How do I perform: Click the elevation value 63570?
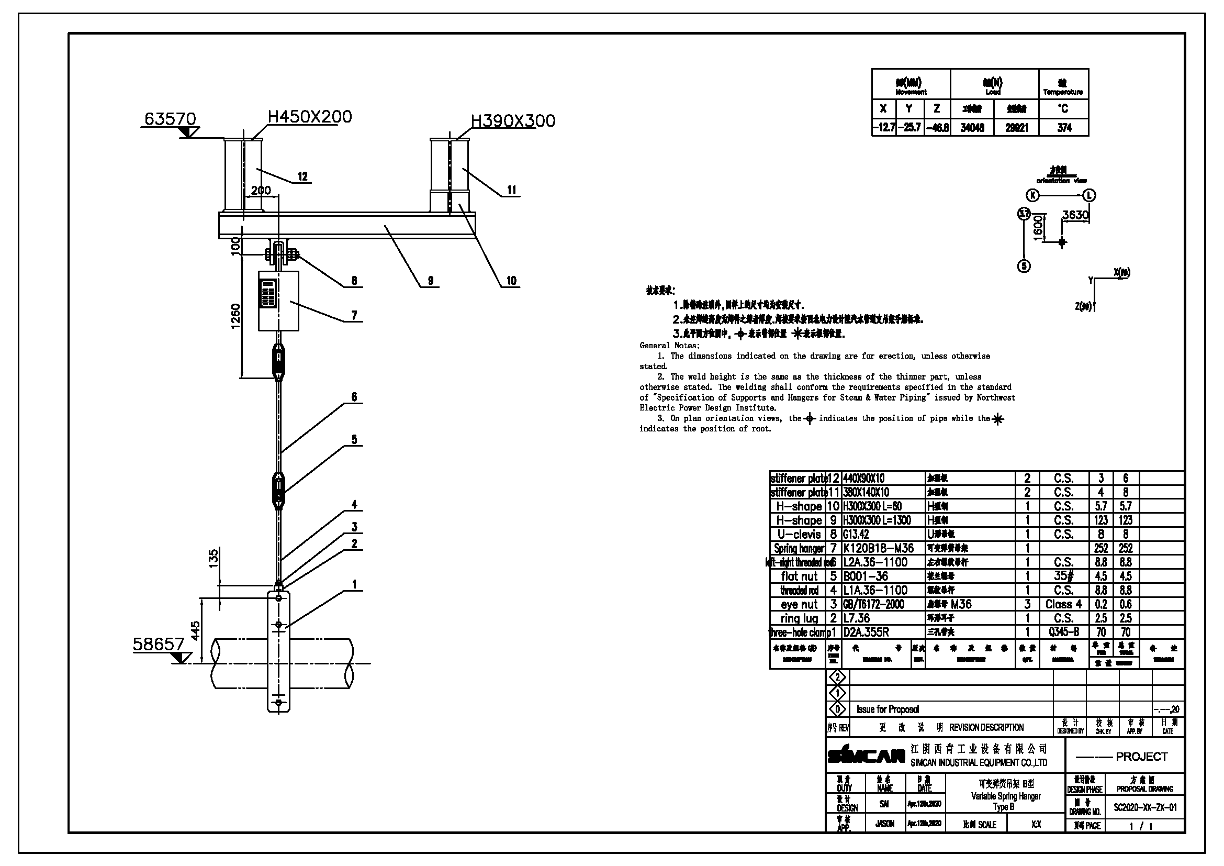(x=170, y=118)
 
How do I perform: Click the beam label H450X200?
(x=310, y=116)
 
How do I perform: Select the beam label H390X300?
(x=513, y=121)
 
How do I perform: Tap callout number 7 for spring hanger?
(x=354, y=316)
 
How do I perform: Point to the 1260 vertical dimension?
(x=235, y=316)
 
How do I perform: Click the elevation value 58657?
(x=159, y=645)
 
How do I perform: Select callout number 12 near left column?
(x=302, y=176)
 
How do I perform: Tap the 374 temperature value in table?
(x=1064, y=128)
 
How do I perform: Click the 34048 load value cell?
(x=972, y=128)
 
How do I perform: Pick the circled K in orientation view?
(x=1033, y=195)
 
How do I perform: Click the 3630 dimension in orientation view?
(x=1075, y=215)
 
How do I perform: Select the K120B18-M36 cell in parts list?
(x=879, y=548)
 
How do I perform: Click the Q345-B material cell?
(x=1063, y=632)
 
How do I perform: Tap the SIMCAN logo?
(x=866, y=756)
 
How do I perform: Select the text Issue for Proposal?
(x=888, y=709)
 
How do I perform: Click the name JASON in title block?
(x=885, y=824)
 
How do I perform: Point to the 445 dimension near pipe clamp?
(x=196, y=631)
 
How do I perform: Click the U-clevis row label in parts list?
(x=799, y=535)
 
